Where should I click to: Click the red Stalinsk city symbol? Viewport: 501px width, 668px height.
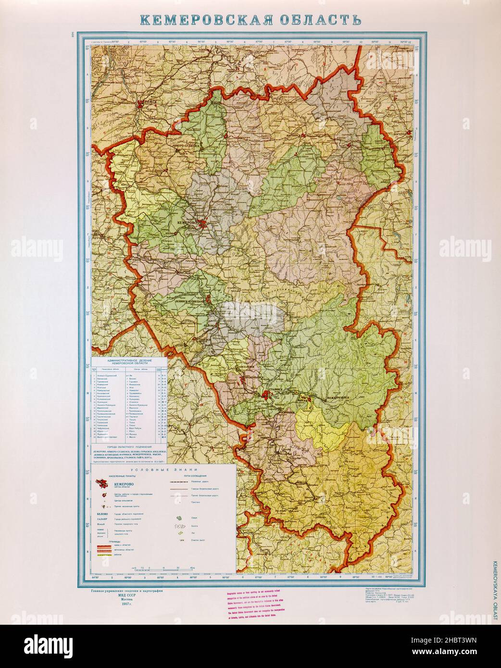[x=267, y=395]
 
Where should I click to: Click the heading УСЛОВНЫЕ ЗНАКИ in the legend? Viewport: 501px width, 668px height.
[x=162, y=468]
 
